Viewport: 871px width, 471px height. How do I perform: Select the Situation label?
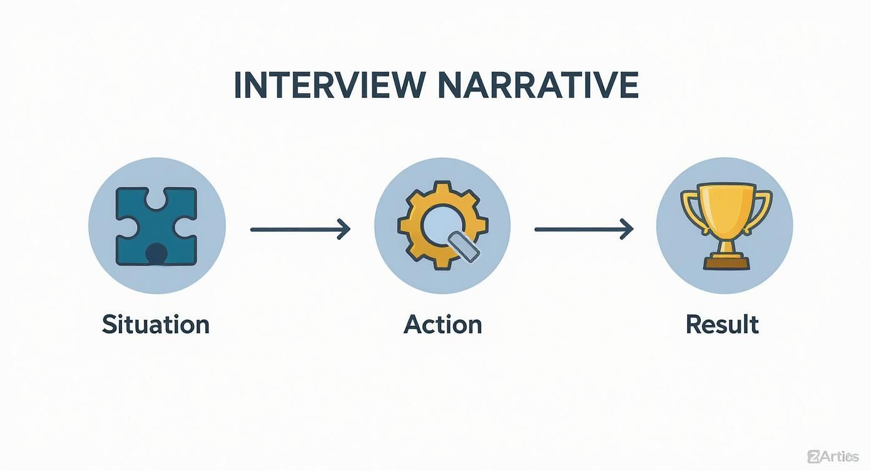156,324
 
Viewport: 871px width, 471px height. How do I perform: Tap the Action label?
443,324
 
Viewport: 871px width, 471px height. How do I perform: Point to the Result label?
722,324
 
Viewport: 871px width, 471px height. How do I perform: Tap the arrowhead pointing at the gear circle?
344,230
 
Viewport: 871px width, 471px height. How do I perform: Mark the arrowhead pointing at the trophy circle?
628,230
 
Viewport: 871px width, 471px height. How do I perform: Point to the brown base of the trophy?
726,264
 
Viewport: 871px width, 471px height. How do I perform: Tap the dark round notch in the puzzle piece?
156,253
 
